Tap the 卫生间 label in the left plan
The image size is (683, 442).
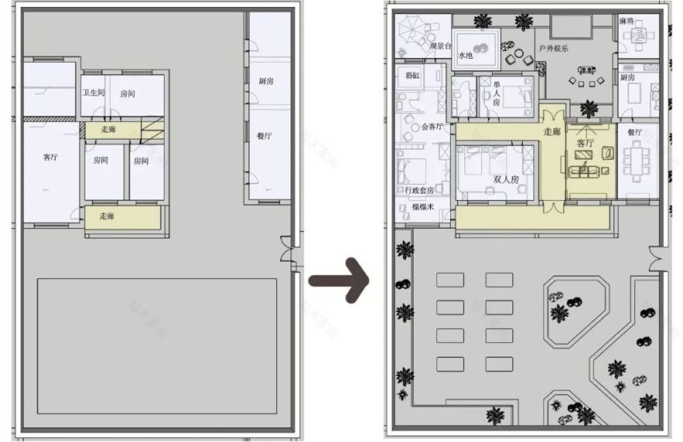94,93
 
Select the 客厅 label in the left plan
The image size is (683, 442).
50,157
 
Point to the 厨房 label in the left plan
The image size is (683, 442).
266,81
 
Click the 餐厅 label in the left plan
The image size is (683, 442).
264,136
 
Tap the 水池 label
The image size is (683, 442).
466,56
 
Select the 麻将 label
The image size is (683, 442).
627,21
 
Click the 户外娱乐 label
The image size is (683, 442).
554,48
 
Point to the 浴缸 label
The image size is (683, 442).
412,75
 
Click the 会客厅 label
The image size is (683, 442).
432,126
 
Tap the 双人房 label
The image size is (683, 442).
505,179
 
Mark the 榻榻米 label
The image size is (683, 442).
422,207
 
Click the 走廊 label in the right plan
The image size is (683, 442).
552,132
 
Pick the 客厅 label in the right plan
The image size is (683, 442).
585,143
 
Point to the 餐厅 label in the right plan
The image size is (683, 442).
634,133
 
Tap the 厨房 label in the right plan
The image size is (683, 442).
629,78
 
